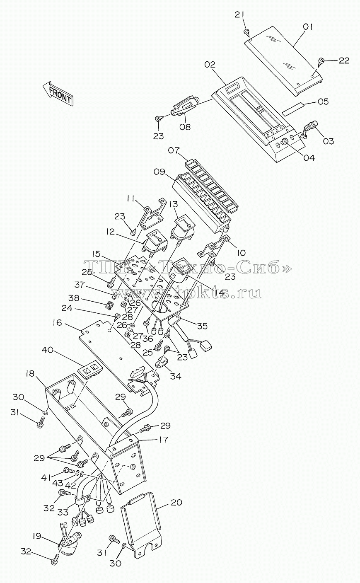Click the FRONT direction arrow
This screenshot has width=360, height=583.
[58, 93]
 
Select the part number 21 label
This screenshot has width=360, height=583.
[239, 15]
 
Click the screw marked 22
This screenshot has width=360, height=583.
[321, 62]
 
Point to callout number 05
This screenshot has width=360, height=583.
[323, 102]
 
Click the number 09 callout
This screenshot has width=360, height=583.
[159, 172]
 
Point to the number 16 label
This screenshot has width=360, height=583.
[57, 323]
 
